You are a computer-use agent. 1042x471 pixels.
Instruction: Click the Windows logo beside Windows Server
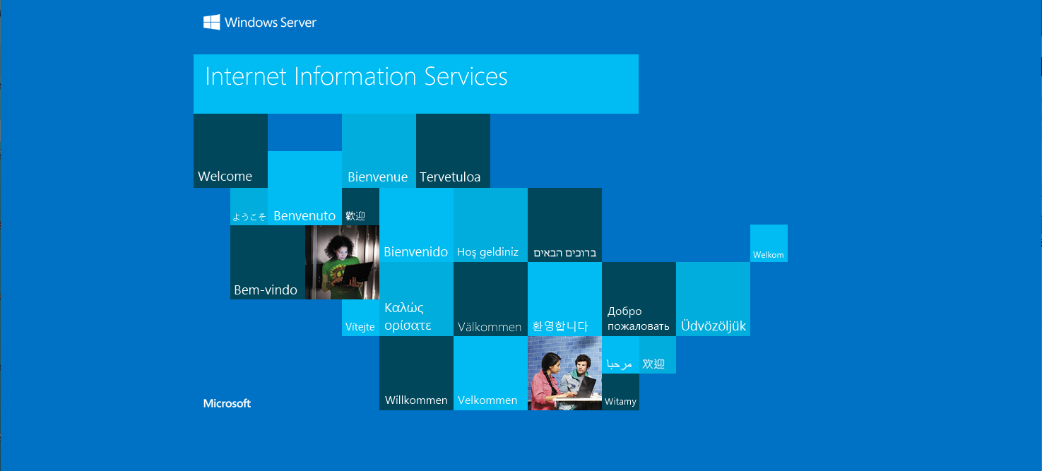coord(212,22)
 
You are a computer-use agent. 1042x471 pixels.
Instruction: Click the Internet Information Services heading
coord(356,76)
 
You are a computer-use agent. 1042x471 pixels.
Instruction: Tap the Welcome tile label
coord(225,177)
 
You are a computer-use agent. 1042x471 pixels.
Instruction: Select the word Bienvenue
coord(377,177)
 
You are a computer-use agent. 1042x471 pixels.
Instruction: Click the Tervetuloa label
coord(450,177)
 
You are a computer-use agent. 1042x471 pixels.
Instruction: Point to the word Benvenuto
coord(304,216)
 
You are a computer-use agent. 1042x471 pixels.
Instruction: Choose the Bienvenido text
coord(415,251)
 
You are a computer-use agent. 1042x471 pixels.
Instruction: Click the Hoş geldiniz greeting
coord(487,252)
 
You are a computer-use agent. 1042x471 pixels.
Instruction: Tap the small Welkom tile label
coord(768,255)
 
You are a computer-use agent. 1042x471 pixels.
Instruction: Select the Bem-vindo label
coord(265,290)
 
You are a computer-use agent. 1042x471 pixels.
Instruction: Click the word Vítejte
coord(360,326)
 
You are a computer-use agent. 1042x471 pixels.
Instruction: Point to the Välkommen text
coord(490,327)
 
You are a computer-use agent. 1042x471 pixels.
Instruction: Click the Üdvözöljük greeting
coord(713,326)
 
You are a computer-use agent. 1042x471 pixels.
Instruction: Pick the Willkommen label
coord(416,400)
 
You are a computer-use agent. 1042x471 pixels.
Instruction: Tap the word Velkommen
coord(487,400)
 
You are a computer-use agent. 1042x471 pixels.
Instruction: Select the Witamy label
coord(620,401)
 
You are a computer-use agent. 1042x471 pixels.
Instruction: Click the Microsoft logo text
coord(227,403)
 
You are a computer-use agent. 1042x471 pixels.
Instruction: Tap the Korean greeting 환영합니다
coord(560,326)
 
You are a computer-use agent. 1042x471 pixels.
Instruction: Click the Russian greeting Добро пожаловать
coord(638,318)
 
